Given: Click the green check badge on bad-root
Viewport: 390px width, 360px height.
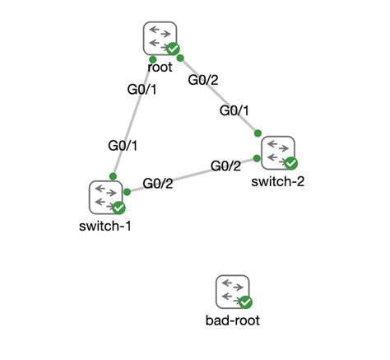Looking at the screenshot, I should click(245, 303).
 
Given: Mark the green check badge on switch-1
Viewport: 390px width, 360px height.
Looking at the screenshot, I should click(118, 208).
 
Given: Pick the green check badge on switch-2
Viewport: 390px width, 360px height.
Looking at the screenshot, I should click(290, 164).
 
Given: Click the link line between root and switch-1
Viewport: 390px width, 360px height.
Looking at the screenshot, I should click(132, 119).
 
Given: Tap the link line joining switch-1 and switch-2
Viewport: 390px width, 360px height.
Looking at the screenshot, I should click(192, 175).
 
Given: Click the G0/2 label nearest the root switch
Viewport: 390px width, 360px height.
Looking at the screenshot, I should click(203, 80).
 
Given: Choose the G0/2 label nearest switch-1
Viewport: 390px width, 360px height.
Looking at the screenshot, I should click(158, 183).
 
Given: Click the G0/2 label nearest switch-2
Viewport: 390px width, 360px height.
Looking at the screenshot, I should click(225, 166).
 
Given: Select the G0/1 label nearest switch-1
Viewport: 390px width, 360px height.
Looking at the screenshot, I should click(123, 145).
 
